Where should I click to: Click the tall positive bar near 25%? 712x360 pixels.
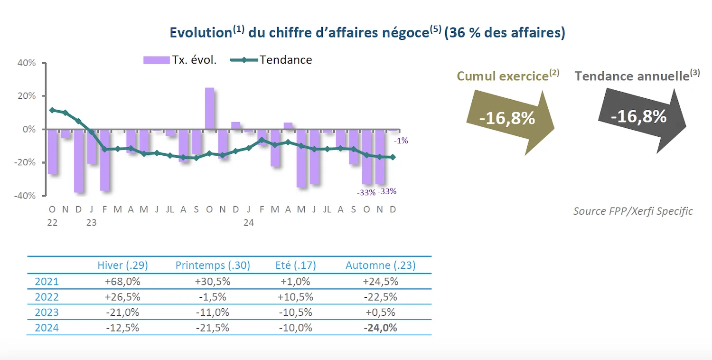[209, 108]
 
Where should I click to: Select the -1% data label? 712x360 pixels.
[401, 141]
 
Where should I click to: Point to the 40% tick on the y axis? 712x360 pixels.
[27, 63]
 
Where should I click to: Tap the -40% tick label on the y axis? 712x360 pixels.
[26, 196]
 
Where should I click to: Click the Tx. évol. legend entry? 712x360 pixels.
[180, 60]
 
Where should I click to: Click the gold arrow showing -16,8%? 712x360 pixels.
[508, 119]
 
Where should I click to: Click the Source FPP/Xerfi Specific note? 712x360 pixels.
[633, 211]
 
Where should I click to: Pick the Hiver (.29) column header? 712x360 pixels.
[122, 265]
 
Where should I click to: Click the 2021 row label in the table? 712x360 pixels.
[47, 281]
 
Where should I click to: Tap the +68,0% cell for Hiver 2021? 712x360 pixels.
[122, 281]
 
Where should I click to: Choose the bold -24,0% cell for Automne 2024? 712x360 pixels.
[380, 328]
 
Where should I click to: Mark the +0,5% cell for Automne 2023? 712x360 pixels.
[380, 313]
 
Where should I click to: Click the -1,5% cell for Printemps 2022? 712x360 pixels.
[212, 297]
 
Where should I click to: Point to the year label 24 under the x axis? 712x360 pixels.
[248, 222]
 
